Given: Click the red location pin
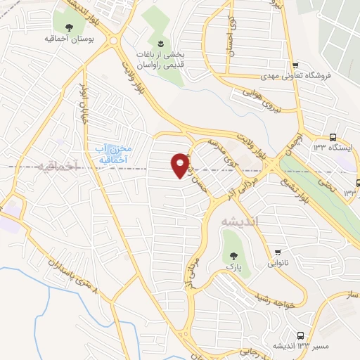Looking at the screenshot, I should (181, 165).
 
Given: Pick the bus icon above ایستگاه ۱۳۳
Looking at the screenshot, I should (331, 138).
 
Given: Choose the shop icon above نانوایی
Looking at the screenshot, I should (278, 252).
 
